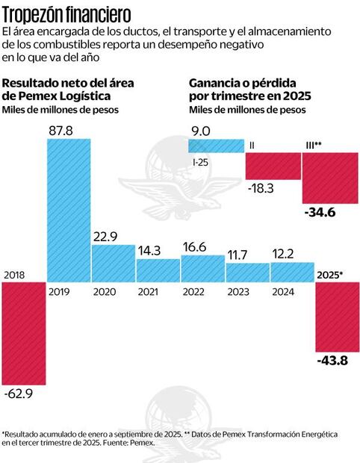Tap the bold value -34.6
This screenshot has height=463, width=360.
(x=320, y=214)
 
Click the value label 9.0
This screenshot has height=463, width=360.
(x=201, y=130)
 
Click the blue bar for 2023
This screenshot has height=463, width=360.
(x=247, y=273)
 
